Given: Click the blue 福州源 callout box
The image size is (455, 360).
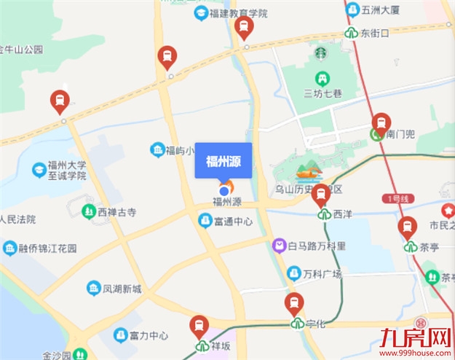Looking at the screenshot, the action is click(x=223, y=161).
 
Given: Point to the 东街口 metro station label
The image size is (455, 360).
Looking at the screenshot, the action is click(x=375, y=34).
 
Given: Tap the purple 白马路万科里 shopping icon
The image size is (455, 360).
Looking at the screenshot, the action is click(x=280, y=246).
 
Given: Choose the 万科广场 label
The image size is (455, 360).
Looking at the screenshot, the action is click(x=322, y=274).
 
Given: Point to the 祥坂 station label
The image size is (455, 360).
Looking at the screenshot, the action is click(x=221, y=345).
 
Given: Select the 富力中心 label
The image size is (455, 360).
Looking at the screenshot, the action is click(x=148, y=336).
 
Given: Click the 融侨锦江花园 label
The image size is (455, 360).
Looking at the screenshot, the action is click(x=48, y=249).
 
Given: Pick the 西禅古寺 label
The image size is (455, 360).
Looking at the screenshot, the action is click(x=116, y=212).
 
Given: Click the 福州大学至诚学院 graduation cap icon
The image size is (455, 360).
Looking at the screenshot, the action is click(x=38, y=170).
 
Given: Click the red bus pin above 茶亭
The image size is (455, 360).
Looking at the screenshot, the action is click(x=408, y=227).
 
